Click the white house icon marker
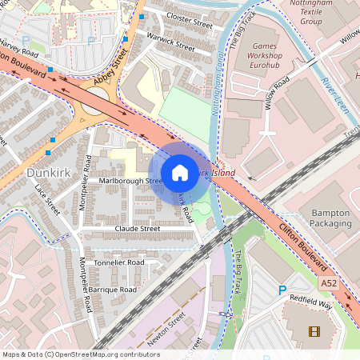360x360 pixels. click(180, 172)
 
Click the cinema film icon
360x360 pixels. click(313, 331)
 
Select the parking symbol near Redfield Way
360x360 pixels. click(281, 291)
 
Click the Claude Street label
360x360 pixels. click(137, 229)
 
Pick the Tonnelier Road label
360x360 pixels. click(118, 262)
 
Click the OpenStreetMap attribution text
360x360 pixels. click(80, 354)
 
